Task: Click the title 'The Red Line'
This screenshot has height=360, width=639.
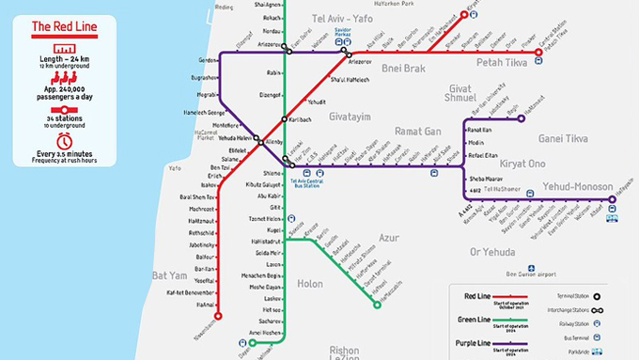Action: coord(65,26)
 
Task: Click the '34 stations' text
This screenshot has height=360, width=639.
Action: coord(65,119)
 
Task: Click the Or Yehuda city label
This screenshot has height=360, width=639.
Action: coord(493,252)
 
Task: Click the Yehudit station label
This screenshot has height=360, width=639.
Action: coord(317,102)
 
